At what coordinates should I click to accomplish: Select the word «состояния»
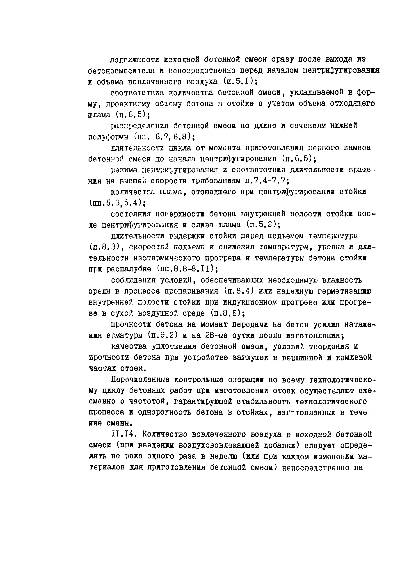(x=130, y=214)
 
